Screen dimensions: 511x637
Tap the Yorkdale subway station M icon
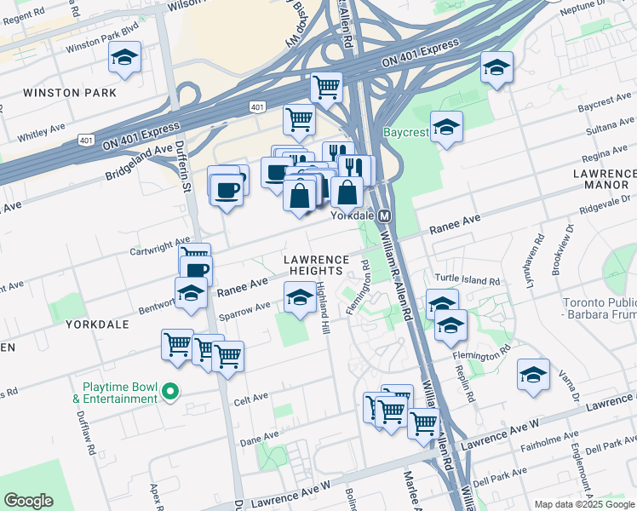point(385,216)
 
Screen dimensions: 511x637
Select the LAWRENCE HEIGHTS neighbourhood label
point(317,264)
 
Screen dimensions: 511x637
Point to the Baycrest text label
point(410,133)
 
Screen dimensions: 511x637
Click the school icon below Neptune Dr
point(496,67)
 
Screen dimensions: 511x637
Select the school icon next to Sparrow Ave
point(298,298)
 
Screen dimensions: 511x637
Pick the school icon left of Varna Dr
point(533,375)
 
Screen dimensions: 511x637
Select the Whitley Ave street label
point(41,130)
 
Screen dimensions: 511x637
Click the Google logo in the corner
point(29,501)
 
